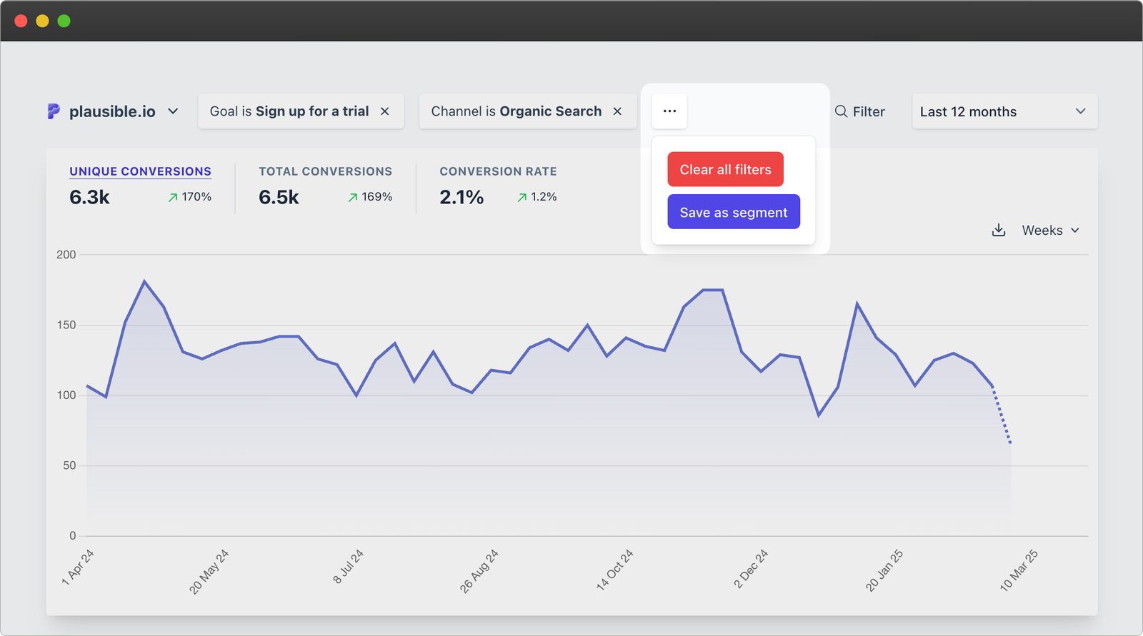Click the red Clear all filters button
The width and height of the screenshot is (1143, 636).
tap(725, 169)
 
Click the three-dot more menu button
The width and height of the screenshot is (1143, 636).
tap(669, 111)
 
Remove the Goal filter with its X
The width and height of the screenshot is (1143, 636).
tap(384, 111)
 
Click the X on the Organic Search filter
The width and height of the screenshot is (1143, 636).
tap(617, 111)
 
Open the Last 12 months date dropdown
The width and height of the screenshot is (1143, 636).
tap(1004, 111)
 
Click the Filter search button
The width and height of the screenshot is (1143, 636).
tap(859, 111)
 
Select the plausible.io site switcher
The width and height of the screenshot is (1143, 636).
tap(113, 111)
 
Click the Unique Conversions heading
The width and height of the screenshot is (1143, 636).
tap(140, 171)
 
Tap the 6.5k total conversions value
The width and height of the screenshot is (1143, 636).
tap(279, 197)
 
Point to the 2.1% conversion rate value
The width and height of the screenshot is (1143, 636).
tap(461, 197)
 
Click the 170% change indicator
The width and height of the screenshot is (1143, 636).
tap(190, 197)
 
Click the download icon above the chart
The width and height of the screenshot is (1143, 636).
tap(999, 230)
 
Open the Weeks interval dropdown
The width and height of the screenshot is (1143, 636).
tap(1050, 230)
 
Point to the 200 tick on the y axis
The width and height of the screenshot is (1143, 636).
tap(66, 255)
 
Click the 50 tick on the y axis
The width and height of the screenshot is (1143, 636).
tap(69, 465)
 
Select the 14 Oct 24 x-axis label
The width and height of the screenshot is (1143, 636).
tap(614, 570)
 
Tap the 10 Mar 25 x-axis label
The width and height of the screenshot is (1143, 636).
tap(1019, 570)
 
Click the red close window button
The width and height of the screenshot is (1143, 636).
tap(21, 21)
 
